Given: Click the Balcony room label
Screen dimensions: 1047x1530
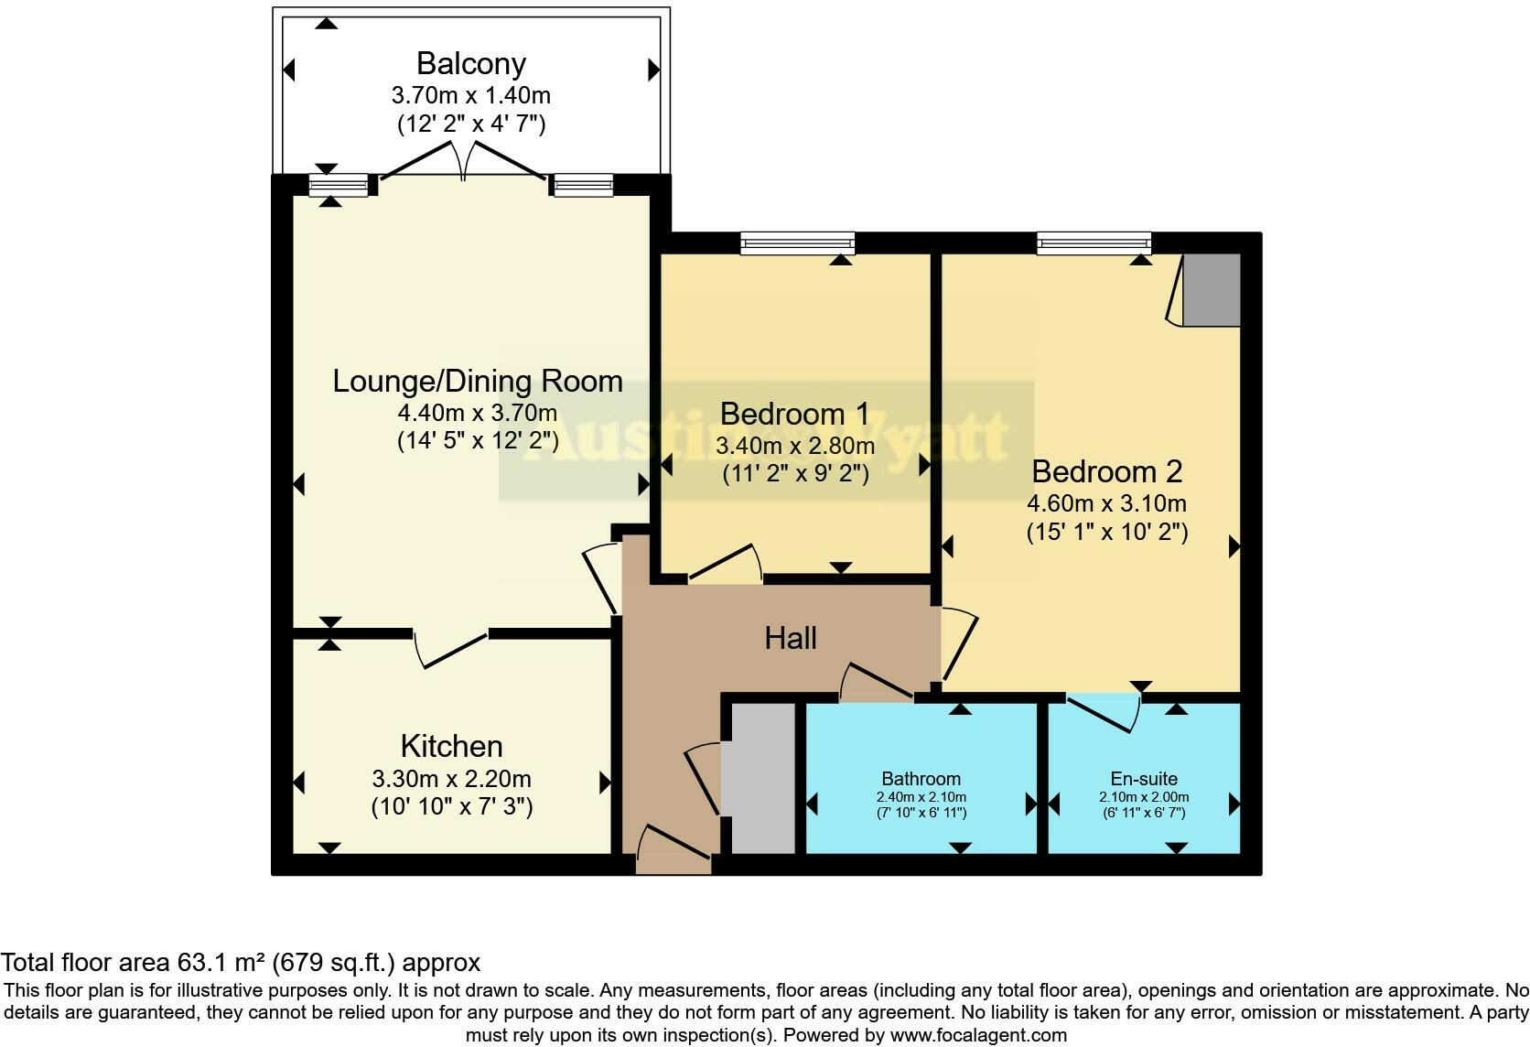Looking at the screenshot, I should pyautogui.click(x=470, y=63).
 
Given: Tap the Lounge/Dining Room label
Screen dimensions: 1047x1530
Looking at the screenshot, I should pyautogui.click(x=477, y=381).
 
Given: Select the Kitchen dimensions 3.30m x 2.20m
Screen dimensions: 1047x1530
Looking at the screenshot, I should pyautogui.click(x=451, y=779).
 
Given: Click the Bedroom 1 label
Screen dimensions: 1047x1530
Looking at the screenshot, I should pyautogui.click(x=794, y=414).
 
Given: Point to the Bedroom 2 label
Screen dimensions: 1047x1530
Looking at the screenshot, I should pyautogui.click(x=1106, y=471).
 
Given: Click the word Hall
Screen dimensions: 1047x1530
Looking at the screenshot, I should pyautogui.click(x=790, y=638).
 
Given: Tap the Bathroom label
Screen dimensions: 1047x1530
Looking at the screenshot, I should pyautogui.click(x=921, y=778).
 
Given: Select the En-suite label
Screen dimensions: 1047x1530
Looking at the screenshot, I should pyautogui.click(x=1143, y=778).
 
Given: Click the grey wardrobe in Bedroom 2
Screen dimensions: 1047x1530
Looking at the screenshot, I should pyautogui.click(x=1212, y=290).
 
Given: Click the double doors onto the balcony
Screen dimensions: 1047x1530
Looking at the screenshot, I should pyautogui.click(x=465, y=167).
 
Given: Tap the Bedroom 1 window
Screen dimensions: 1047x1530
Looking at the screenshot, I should pyautogui.click(x=797, y=243).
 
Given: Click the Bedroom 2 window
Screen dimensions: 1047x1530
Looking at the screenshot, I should pyautogui.click(x=1094, y=243).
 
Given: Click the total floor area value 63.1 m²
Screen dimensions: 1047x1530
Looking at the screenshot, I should pyautogui.click(x=220, y=963).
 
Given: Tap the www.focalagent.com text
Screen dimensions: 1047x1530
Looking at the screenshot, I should pyautogui.click(x=978, y=1035).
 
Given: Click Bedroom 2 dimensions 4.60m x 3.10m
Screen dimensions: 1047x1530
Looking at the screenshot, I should pyautogui.click(x=1106, y=503).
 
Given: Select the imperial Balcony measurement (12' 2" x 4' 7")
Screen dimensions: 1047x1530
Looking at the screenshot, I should pyautogui.click(x=470, y=124).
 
